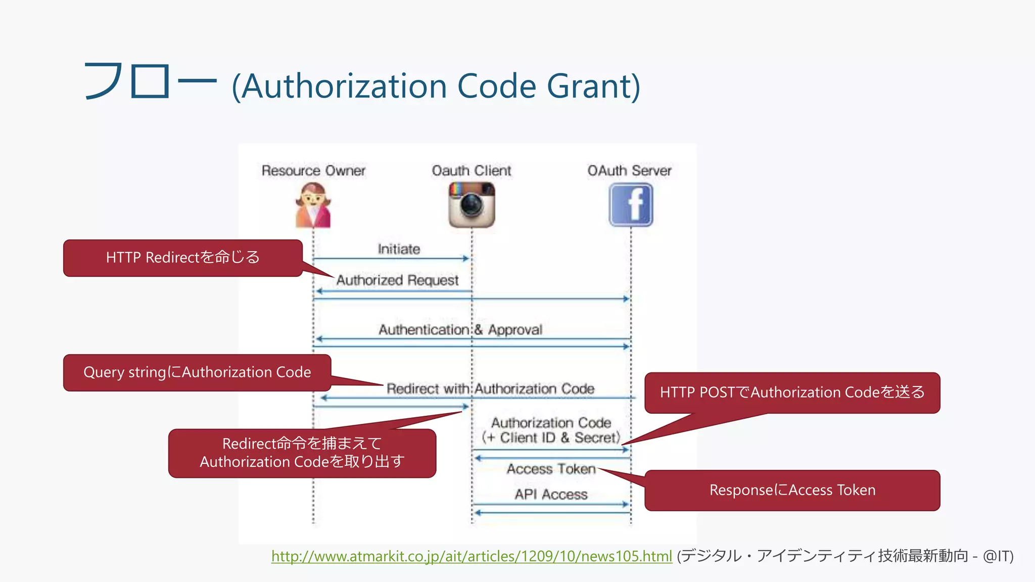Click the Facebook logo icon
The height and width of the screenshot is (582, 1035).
point(631,205)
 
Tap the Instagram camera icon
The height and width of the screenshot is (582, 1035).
point(472,205)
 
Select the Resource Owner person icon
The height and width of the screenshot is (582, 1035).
point(313,205)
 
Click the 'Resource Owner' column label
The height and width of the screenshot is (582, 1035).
point(313,171)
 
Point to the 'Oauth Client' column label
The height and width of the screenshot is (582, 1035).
point(472,171)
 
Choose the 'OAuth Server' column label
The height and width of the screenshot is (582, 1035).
point(629,171)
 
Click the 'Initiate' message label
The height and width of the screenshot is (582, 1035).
point(399,249)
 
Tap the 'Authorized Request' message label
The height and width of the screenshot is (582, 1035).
point(397,280)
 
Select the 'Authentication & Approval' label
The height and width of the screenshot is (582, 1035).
point(460,330)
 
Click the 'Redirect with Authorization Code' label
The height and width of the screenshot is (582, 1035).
point(490,389)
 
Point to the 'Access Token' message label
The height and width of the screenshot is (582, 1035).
point(551,469)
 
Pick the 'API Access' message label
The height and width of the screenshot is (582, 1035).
point(551,494)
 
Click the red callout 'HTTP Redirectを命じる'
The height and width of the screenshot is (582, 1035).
point(183,258)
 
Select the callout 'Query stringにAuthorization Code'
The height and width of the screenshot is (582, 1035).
point(197,372)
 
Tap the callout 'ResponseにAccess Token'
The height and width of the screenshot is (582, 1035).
point(792,490)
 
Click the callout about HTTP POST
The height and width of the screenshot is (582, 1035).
point(792,393)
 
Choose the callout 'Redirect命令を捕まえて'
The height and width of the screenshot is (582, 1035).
point(302,453)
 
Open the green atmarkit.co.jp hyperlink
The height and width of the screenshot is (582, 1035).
point(472,556)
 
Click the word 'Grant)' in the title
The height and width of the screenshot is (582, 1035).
point(594,86)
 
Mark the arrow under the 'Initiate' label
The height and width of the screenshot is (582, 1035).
point(391,259)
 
